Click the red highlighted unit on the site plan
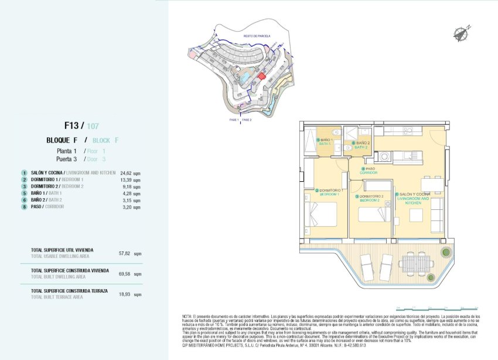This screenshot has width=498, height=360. pos(262,76)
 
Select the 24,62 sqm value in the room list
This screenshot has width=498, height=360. pos(126,174)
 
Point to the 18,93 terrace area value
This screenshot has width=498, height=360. pos(124,294)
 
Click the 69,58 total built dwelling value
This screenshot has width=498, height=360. pos(124,273)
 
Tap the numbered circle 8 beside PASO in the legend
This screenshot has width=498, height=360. pos(24,206)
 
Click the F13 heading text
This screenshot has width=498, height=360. pos(73,125)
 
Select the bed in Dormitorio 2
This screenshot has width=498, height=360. pos(374,214)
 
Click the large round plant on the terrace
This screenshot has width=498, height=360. pos(445,253)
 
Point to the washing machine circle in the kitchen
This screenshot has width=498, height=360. pos(384,157)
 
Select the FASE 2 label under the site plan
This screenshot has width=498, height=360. pos(247,120)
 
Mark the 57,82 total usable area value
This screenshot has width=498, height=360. pos(124,253)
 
